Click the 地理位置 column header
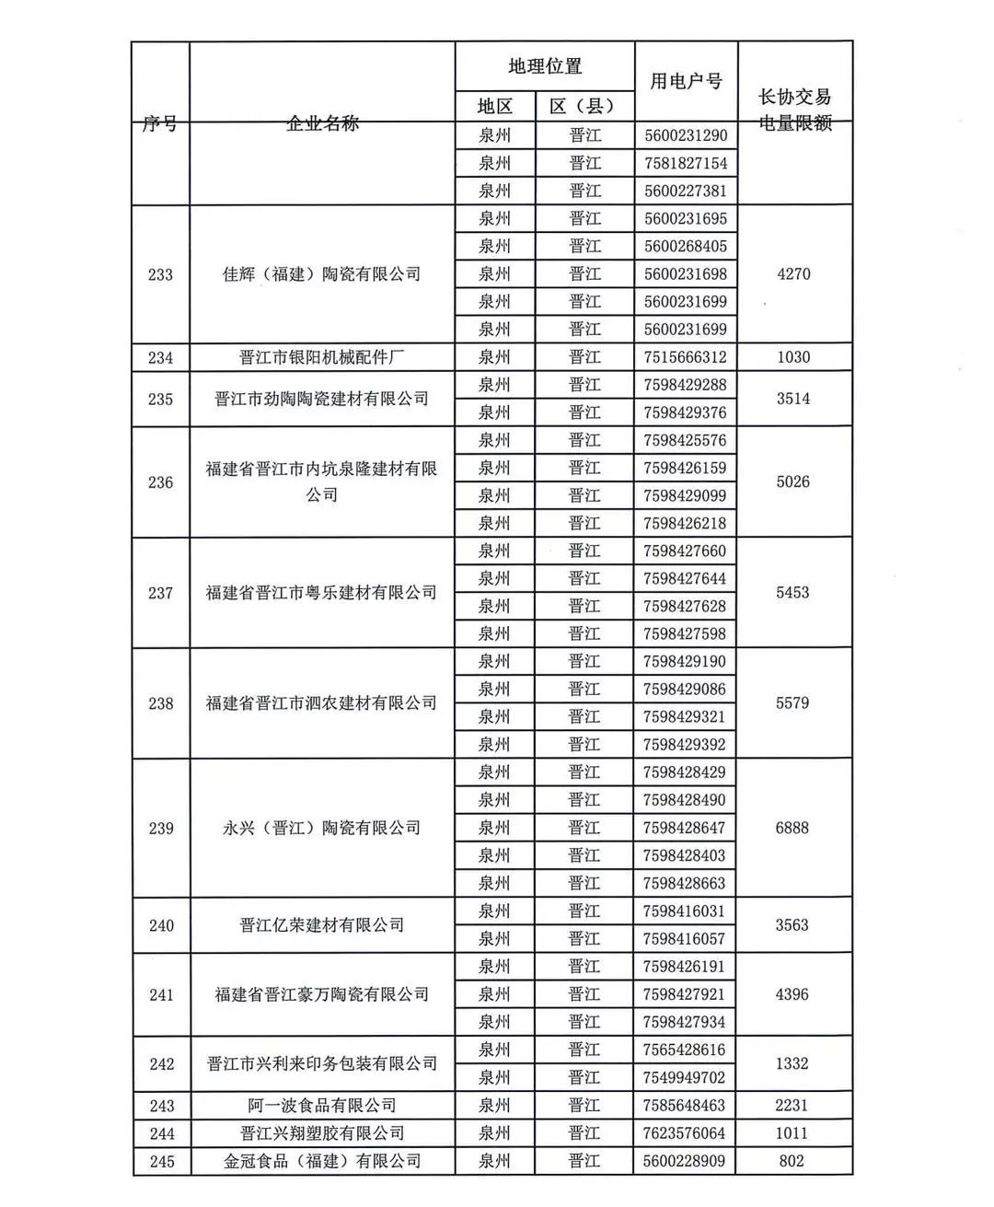(545, 66)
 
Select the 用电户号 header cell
(686, 81)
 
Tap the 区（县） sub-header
(584, 107)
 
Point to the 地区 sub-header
(494, 107)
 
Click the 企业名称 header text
(322, 123)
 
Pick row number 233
(160, 274)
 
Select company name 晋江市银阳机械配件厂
(322, 357)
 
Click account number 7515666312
(686, 357)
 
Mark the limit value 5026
(792, 482)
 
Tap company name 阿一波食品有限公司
(322, 1106)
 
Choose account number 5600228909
(686, 1161)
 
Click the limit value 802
(792, 1161)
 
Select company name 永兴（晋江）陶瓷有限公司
(322, 828)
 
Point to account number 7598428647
(686, 828)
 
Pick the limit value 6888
(792, 828)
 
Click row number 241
(161, 994)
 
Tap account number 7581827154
(686, 163)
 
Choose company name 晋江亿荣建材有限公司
(322, 925)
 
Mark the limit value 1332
(792, 1063)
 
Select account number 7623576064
(686, 1133)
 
